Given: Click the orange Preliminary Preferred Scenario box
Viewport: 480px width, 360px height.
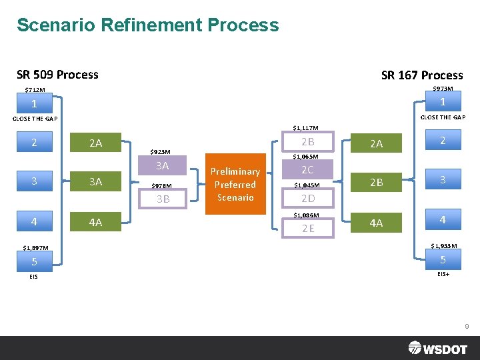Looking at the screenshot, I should coord(235,184).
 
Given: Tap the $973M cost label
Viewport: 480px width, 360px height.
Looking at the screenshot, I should coord(443,89).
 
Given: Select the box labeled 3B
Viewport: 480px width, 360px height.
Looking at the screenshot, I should coord(162,199).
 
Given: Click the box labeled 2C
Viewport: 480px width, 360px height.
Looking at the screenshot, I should coord(307,170).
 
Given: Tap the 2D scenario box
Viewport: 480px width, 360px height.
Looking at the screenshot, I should coord(307,199).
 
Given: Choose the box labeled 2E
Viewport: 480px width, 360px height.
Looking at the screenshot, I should coord(307,229).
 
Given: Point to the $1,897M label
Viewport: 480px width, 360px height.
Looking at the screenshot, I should coord(35,248).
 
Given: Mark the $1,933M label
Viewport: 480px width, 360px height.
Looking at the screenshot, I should coord(444,246).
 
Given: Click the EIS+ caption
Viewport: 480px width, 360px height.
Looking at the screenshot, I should coord(443,274).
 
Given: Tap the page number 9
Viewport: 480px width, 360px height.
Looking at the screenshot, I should coord(467,327).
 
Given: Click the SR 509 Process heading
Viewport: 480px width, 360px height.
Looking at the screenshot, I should coord(57,75).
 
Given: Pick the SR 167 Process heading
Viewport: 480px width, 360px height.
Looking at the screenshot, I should coord(422,75).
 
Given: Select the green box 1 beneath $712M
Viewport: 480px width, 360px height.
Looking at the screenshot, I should coord(35,104).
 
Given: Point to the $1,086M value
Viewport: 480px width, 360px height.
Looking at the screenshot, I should coord(307,215).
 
